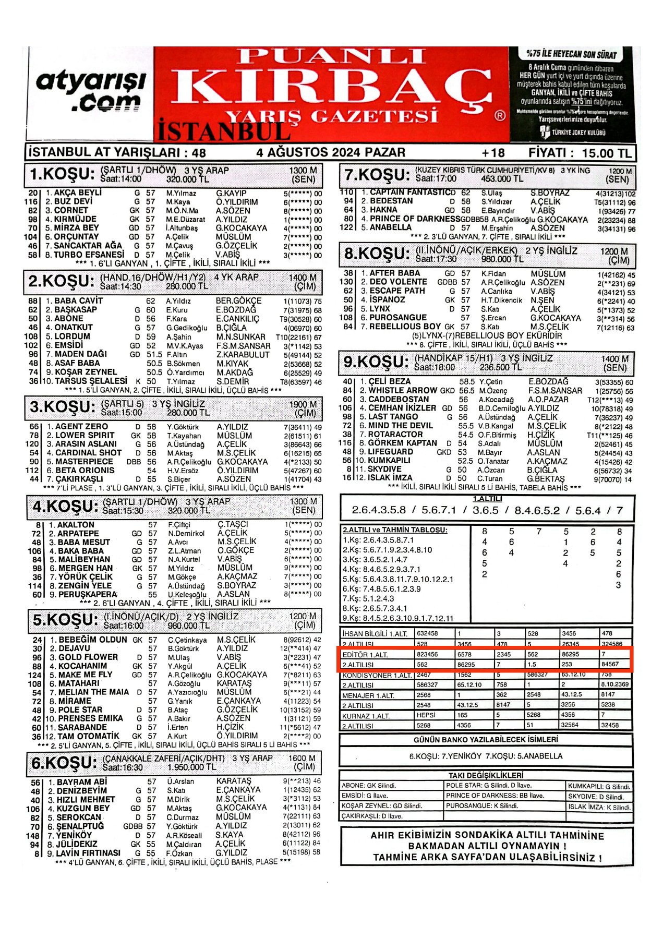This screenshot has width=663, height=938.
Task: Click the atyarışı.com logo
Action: click(90, 91)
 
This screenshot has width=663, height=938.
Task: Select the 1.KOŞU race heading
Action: click(62, 174)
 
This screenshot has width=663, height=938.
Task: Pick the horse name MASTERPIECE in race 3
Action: click(83, 462)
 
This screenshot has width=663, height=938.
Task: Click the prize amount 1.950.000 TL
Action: click(191, 767)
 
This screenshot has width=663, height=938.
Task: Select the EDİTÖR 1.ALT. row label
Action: click(365, 655)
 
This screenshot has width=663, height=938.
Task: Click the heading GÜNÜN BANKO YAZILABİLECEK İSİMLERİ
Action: click(486, 740)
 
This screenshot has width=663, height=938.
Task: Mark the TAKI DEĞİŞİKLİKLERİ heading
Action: click(486, 775)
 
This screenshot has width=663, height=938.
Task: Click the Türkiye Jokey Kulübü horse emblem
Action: click(546, 133)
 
